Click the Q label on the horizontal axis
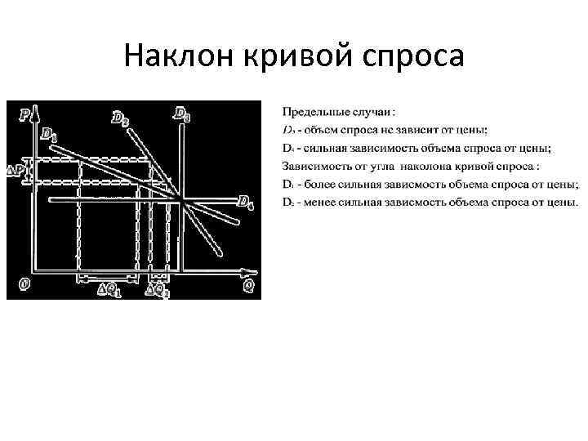247,286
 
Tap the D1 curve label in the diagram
48,133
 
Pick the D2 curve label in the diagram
119,119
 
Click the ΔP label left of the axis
16,171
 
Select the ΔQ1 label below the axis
108,288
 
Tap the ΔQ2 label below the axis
158,288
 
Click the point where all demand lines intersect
180,198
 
